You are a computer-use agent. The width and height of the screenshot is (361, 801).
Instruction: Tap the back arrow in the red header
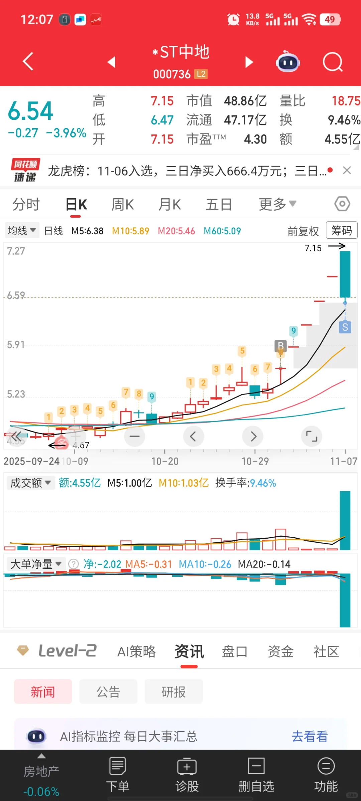28,61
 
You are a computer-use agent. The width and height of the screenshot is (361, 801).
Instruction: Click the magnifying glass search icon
333,62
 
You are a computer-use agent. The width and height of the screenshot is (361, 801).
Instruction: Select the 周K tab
122,204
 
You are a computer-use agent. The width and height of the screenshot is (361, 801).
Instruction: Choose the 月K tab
169,204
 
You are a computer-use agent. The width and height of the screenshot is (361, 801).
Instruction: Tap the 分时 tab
26,204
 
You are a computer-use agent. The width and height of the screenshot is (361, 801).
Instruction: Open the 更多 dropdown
277,204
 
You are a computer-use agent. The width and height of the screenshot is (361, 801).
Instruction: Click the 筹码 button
341,230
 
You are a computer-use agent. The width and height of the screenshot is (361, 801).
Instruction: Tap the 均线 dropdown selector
22,230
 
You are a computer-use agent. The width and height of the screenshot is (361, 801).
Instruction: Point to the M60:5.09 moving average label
222,231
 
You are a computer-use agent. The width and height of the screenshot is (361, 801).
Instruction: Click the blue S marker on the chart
345,327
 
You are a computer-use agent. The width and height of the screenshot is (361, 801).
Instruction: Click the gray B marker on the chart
281,345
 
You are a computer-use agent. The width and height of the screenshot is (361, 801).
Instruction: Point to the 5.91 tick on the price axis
16,345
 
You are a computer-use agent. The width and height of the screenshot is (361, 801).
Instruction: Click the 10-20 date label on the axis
165,461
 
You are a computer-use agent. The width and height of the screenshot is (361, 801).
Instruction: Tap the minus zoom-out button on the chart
135,436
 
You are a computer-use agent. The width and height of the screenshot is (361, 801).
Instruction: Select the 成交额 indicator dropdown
30,483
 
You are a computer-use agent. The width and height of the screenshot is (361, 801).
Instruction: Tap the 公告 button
108,692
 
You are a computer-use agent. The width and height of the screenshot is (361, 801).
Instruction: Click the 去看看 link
310,736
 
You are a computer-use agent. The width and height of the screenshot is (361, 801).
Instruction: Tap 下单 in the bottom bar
118,774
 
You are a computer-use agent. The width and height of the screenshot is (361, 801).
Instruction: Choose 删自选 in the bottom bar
256,774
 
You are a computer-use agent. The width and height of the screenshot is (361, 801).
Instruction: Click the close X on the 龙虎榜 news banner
347,171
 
